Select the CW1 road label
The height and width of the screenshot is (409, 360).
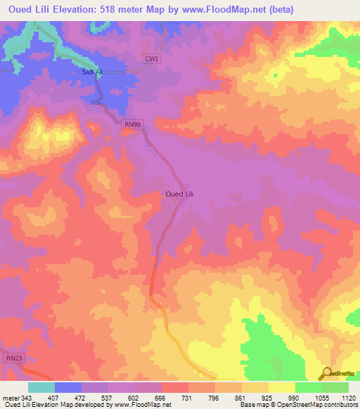[151, 60]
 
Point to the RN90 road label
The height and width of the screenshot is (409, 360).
[131, 124]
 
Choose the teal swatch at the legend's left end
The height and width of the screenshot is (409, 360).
[41, 387]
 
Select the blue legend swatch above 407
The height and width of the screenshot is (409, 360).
[68, 387]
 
